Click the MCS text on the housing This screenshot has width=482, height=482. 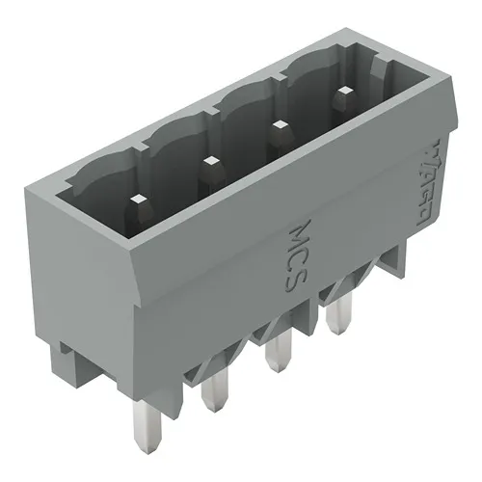pos(302,258)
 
